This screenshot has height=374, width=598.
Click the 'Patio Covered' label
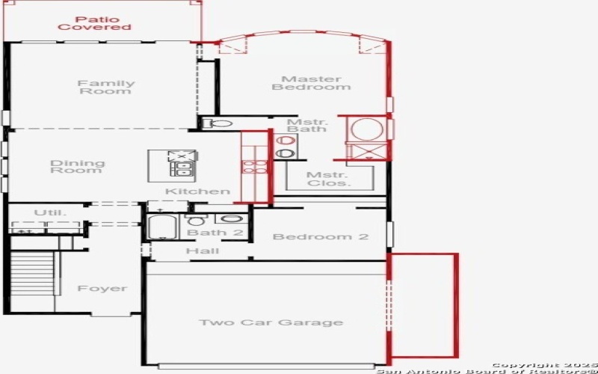click(x=94, y=22)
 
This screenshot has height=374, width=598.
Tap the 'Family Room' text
click(x=107, y=88)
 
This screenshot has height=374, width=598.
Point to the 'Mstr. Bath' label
click(x=307, y=124)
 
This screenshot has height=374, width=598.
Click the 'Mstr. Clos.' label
click(x=327, y=179)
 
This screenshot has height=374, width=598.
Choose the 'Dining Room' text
click(x=77, y=167)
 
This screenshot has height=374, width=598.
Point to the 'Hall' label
click(x=202, y=251)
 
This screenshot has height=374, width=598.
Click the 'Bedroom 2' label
click(x=320, y=237)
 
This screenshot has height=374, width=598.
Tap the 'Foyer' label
click(x=102, y=289)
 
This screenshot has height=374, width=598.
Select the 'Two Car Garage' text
click(x=271, y=322)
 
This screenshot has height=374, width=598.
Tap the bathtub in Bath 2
click(x=161, y=227)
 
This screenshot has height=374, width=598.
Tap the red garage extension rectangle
click(x=422, y=305)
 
